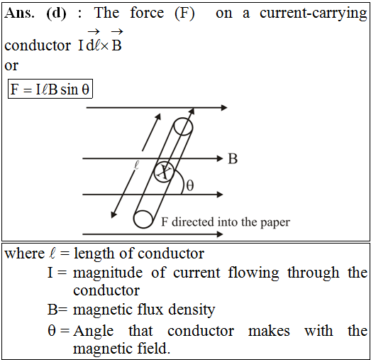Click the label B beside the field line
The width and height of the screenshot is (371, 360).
tap(233, 158)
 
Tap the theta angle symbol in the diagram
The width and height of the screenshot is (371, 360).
tap(190, 185)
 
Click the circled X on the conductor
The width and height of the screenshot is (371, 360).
tap(164, 172)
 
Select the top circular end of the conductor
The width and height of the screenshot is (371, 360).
tap(183, 126)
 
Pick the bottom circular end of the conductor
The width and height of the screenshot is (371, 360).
tap(143, 219)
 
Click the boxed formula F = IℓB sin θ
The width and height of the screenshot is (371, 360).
tap(50, 89)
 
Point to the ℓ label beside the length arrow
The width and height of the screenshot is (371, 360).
tap(136, 165)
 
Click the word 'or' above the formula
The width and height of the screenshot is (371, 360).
tap(11, 65)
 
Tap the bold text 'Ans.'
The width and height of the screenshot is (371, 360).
tap(19, 13)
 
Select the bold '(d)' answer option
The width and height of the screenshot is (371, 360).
tap(56, 13)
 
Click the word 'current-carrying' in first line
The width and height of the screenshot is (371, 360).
tap(314, 13)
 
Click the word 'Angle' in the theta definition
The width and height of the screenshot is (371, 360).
tap(93, 331)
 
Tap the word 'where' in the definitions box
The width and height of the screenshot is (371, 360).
tap(25, 253)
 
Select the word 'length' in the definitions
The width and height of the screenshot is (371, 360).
tap(94, 254)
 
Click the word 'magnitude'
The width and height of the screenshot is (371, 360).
tap(108, 273)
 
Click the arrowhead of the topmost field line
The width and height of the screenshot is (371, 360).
tap(224, 107)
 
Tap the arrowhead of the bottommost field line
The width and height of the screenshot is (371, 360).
tap(220, 234)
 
